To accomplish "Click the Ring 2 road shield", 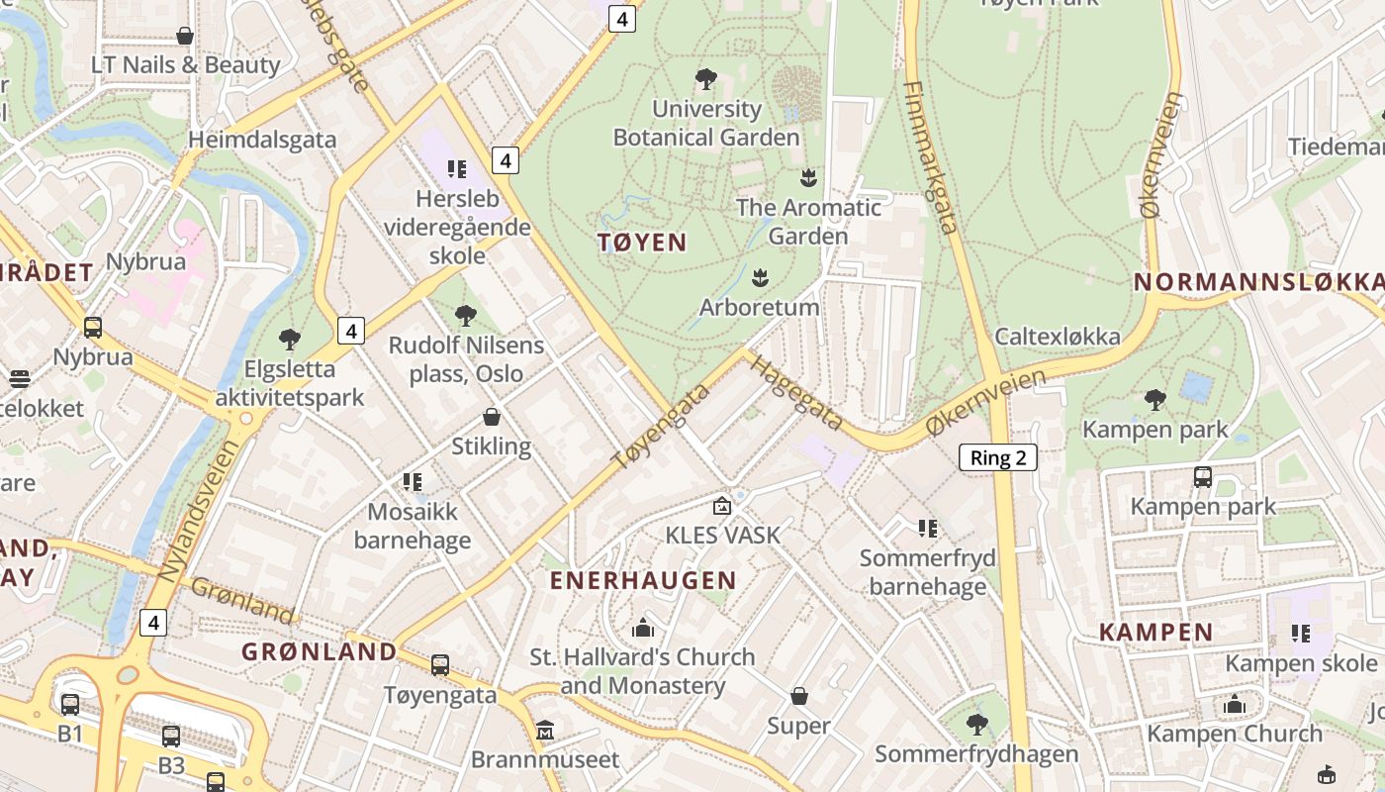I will tap(998, 456).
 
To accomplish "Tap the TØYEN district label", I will tap(642, 243).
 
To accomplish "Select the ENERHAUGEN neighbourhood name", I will tap(643, 580).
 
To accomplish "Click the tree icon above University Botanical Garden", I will tap(706, 79).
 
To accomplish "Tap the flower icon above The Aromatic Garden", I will tap(808, 178).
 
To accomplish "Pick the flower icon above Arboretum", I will tap(760, 277).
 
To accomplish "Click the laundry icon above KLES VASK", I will tap(723, 506).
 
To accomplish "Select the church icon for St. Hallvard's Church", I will tap(643, 628).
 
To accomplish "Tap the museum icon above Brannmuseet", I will tap(545, 731).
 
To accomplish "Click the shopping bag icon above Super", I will tap(799, 697).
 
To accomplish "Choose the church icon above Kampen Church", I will tap(1235, 704).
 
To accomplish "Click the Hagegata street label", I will tap(796, 392).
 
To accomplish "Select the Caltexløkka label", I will tap(1058, 337).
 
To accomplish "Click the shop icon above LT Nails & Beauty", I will tap(185, 37).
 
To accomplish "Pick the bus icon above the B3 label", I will tap(171, 737).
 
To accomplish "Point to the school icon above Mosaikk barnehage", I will tap(413, 482).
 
